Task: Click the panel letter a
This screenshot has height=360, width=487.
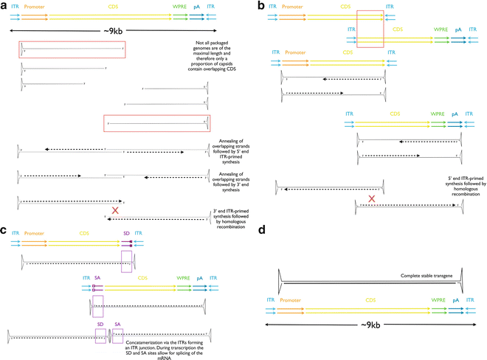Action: [6, 6]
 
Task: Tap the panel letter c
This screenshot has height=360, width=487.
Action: [6, 231]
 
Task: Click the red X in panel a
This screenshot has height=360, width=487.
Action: [115, 211]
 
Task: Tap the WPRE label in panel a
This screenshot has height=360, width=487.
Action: [176, 7]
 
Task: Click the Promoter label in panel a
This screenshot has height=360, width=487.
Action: [34, 7]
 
